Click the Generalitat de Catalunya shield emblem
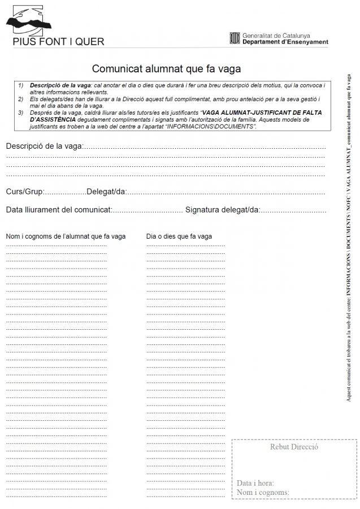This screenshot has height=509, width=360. point(235,38)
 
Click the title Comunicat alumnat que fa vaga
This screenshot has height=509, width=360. point(167,69)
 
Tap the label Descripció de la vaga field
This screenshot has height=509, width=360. point(44,146)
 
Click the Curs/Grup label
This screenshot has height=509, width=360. point(25,192)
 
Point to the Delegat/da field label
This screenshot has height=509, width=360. point(106,192)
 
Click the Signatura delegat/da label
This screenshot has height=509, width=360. point(222,210)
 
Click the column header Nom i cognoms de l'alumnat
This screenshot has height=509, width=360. point(66,236)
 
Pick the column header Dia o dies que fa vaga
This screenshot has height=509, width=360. point(179,236)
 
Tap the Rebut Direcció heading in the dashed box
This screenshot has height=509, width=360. point(294,447)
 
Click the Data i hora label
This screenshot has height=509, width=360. point(256,484)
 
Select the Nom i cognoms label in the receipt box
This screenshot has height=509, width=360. point(263,492)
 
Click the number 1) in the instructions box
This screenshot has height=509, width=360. point(21,85)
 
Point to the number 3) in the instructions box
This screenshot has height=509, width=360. point(21,113)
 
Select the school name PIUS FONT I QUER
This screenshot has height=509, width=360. point(58,42)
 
